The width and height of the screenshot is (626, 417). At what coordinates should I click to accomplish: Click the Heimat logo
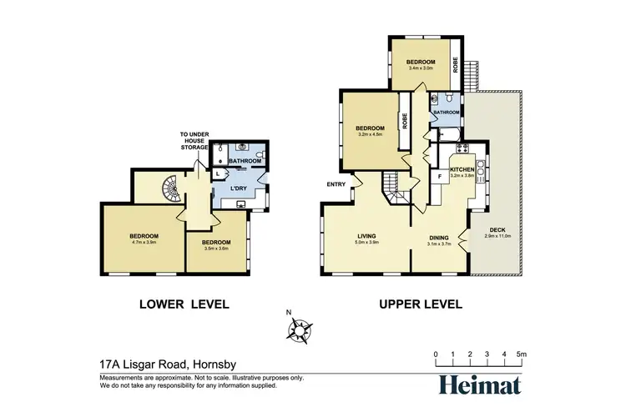[480, 384]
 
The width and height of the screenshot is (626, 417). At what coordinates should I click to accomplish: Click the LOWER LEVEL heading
[183, 304]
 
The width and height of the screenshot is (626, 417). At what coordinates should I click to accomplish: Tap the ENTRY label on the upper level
[336, 184]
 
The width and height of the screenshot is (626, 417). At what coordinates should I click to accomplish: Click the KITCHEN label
[462, 169]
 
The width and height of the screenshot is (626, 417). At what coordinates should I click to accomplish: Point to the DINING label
[439, 237]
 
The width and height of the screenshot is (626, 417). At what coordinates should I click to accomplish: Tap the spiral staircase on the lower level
[169, 191]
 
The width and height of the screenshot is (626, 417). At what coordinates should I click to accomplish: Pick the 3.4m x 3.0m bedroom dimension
[421, 69]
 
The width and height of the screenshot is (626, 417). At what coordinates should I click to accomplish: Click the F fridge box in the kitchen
[440, 177]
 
